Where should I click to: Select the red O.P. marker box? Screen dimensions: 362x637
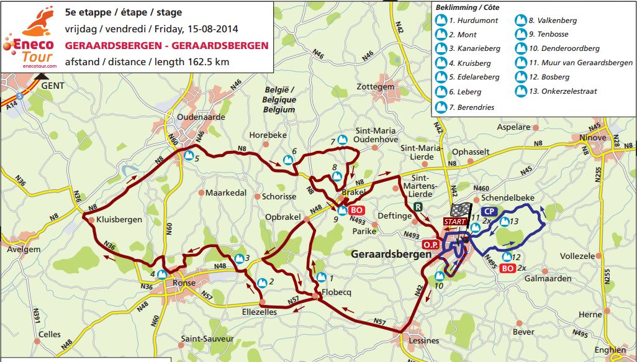(x=430, y=245)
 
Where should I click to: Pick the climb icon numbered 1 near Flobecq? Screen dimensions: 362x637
(x=321, y=277)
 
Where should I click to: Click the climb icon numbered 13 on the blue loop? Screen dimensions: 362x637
(x=505, y=221)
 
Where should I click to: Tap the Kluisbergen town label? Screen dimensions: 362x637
(x=119, y=220)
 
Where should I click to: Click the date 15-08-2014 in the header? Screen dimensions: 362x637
(x=210, y=29)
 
